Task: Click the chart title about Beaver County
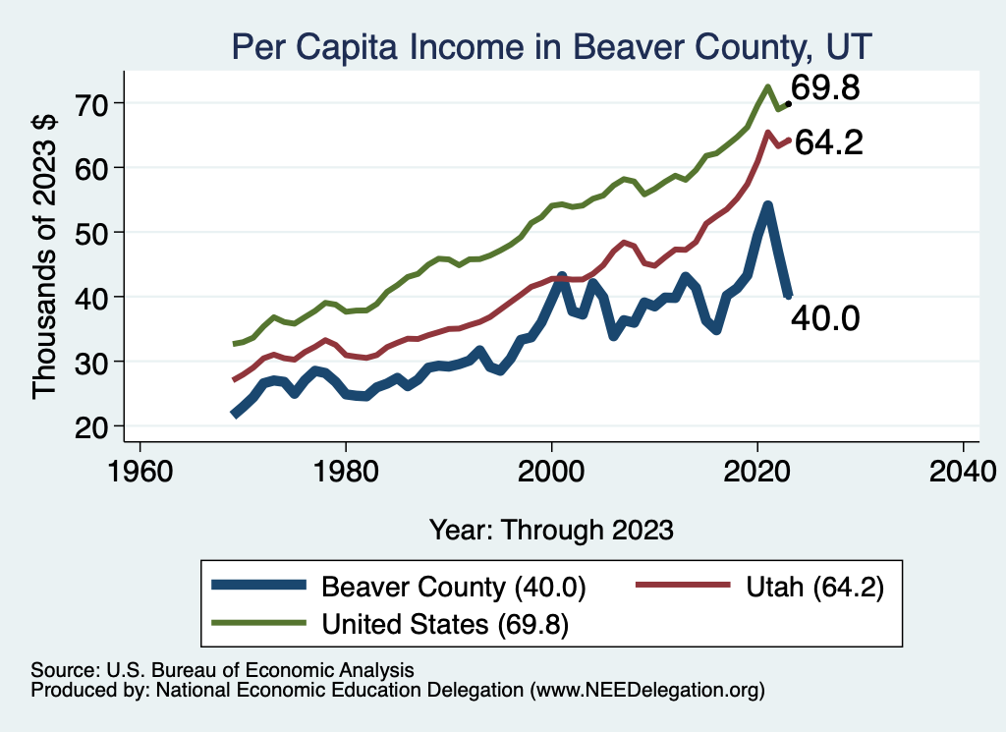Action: pyautogui.click(x=551, y=46)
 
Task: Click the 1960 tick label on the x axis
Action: pyautogui.click(x=140, y=470)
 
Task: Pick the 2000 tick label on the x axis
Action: pyautogui.click(x=552, y=470)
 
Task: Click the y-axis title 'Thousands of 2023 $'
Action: pyautogui.click(x=46, y=257)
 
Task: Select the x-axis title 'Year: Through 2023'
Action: pyautogui.click(x=551, y=530)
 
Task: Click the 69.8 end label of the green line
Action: pyautogui.click(x=826, y=89)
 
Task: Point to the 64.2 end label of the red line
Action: pyautogui.click(x=828, y=143)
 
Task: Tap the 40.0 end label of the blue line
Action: pyautogui.click(x=826, y=317)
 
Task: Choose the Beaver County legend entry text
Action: pyautogui.click(x=453, y=588)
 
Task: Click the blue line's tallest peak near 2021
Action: pyautogui.click(x=767, y=205)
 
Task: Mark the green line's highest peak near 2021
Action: pyautogui.click(x=766, y=86)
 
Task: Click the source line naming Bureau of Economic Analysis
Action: pyautogui.click(x=223, y=670)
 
